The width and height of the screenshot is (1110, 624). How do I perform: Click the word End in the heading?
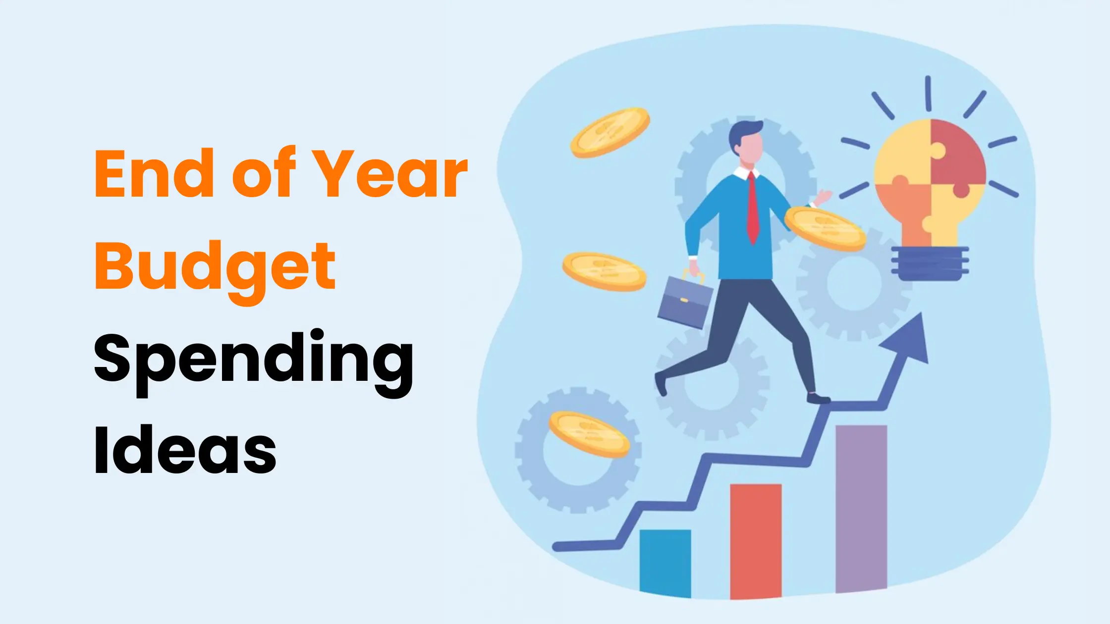point(154,174)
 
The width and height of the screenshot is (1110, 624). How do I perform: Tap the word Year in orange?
point(391,174)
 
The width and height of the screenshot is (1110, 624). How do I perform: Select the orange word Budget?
point(215,267)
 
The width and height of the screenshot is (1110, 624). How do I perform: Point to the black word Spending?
point(253,359)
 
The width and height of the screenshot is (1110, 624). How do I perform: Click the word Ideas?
point(185,451)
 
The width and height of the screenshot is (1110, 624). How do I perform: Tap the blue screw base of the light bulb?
point(930,263)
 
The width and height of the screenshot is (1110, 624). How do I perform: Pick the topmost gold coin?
point(610,133)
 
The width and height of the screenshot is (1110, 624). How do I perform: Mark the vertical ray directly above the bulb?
point(928,94)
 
